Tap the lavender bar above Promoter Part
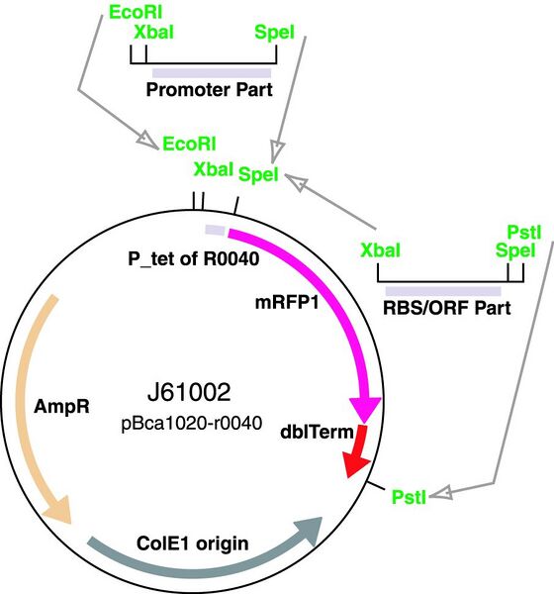coord(211,72)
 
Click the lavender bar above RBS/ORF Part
coord(442,290)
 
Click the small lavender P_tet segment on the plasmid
coord(216,230)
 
